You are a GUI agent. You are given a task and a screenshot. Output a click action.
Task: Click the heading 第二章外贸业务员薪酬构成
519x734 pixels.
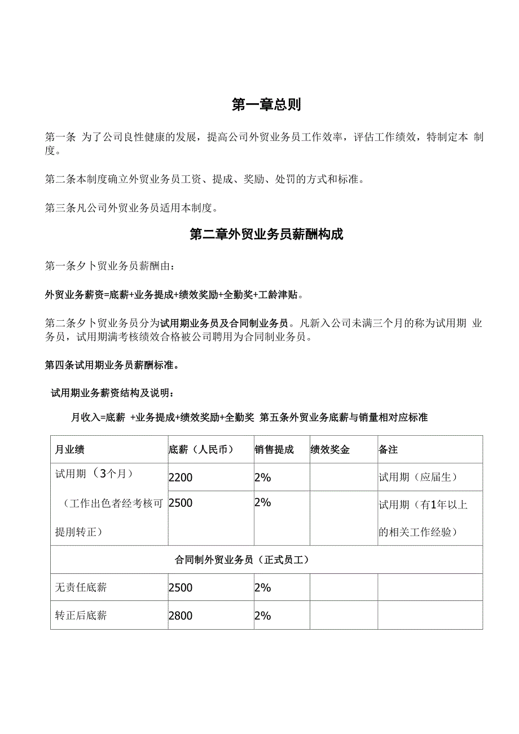tap(266, 235)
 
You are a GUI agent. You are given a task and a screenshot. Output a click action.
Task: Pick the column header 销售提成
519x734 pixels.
tap(274, 450)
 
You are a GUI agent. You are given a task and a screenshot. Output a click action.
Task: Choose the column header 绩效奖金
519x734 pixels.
tap(330, 450)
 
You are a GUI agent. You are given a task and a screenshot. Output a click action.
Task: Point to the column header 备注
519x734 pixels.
tap(388, 450)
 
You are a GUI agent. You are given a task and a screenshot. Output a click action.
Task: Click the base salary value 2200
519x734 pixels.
tap(181, 477)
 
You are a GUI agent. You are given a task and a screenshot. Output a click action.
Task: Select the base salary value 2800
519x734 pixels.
tap(181, 616)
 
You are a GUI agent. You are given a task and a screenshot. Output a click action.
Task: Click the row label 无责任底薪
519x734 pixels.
tap(81, 587)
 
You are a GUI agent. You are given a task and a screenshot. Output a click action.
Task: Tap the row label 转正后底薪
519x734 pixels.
tap(81, 616)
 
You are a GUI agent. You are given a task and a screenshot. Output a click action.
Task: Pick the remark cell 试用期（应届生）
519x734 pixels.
tap(417, 477)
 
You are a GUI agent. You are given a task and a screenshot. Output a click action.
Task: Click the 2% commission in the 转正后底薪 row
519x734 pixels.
tap(263, 616)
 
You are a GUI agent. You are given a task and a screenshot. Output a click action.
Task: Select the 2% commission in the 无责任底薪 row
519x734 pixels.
tap(263, 587)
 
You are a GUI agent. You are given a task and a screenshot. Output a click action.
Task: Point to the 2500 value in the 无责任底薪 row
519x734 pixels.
tap(181, 587)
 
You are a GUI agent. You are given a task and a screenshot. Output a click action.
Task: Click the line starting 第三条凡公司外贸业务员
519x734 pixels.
tap(131, 208)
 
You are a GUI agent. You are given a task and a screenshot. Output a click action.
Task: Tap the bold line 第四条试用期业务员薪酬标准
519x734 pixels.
tap(112, 365)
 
